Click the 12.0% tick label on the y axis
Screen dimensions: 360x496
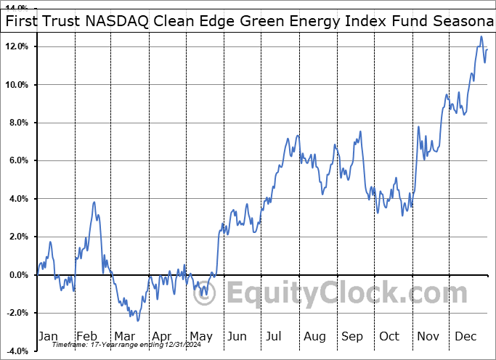(15, 46)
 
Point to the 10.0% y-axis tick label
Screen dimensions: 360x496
(15, 85)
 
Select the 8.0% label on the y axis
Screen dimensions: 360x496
(17, 123)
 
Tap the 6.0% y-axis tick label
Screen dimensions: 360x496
(17, 160)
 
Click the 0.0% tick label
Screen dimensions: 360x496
(17, 274)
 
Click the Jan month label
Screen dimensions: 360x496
(48, 336)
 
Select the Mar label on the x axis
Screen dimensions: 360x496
(124, 336)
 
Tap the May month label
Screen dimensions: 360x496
(201, 336)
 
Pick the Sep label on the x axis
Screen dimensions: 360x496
(354, 336)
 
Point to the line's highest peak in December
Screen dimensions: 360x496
(481, 37)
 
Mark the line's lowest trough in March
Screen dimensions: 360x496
(137, 320)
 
